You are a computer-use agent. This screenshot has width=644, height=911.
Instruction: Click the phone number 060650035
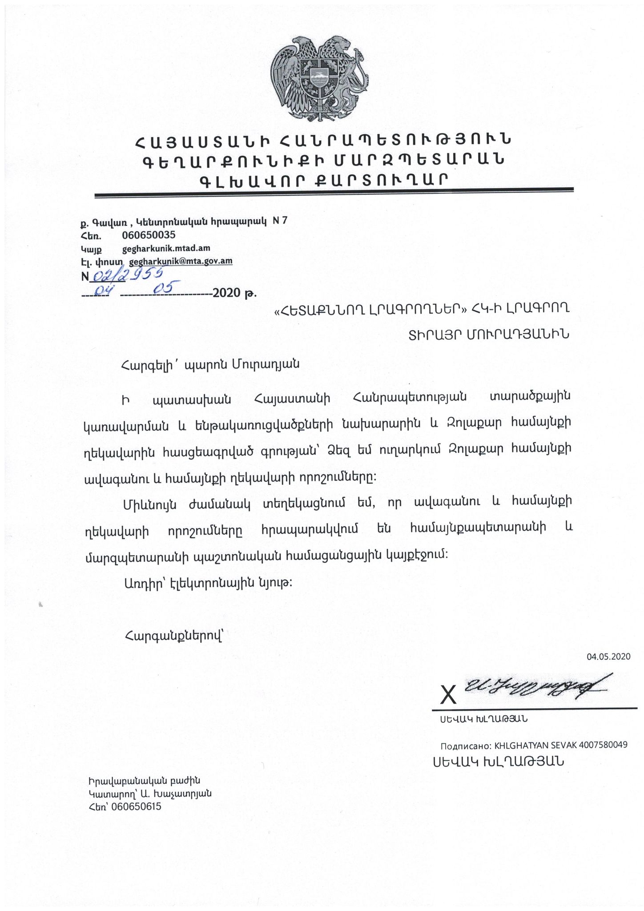149,234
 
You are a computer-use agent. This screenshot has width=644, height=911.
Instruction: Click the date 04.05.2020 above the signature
608,657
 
